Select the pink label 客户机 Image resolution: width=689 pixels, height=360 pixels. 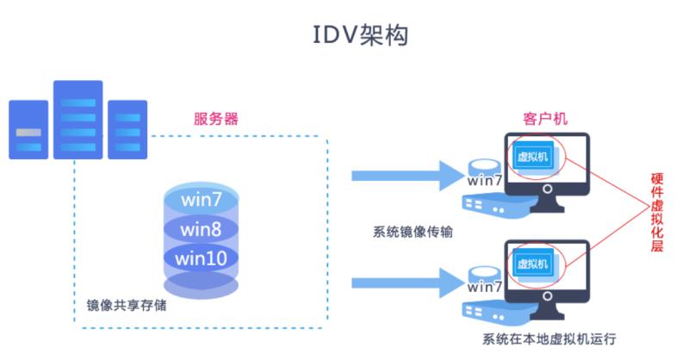click(544, 119)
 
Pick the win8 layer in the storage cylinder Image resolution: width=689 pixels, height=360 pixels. click(202, 229)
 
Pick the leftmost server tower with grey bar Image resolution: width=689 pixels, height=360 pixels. click(29, 130)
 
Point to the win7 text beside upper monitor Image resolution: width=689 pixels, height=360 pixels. click(485, 181)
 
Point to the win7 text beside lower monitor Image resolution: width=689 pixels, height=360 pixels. click(485, 287)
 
